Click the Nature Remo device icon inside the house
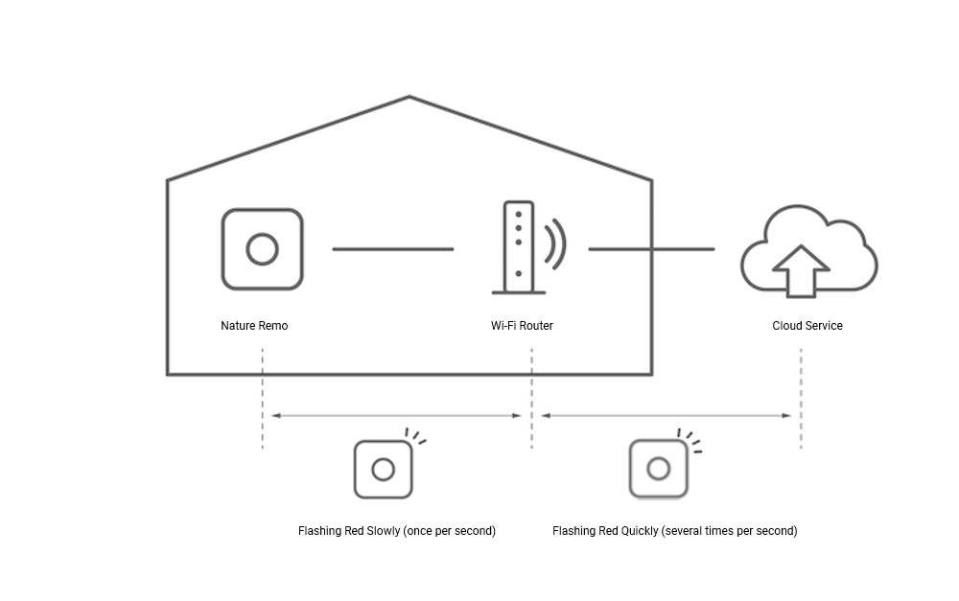262,249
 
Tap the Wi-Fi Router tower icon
518,247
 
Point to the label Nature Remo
254,326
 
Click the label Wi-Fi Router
522,326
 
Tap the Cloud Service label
807,326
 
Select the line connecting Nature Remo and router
392,249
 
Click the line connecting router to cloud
651,249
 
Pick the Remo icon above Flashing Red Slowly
383,469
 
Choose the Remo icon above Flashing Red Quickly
658,468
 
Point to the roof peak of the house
409,97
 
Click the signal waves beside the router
554,244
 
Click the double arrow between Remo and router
396,416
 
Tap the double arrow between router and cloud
667,416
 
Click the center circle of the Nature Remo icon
262,249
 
